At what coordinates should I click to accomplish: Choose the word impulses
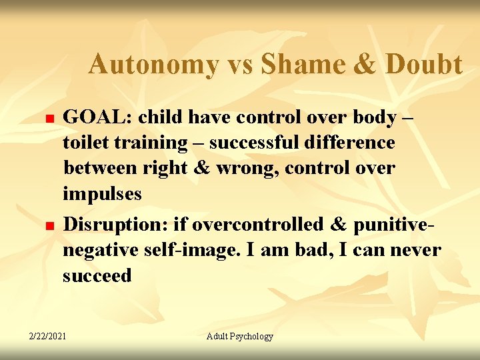tap(102, 194)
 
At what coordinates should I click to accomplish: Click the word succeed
tap(97, 275)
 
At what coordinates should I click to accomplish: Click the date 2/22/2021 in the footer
tap(47, 336)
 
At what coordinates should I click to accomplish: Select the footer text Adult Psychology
tap(239, 336)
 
